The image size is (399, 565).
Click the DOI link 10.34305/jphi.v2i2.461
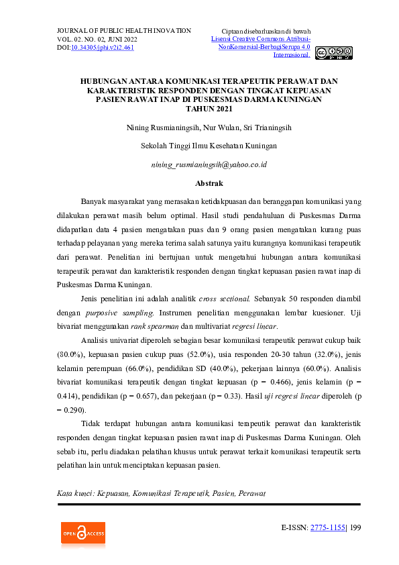tap(103, 48)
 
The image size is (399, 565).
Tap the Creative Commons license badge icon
tap(333, 52)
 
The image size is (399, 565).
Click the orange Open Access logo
tap(83, 534)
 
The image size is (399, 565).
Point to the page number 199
tap(355, 527)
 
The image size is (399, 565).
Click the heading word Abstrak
tap(209, 183)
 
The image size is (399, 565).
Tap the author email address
tap(209, 164)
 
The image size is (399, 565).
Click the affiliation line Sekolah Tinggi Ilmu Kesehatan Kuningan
tap(209, 146)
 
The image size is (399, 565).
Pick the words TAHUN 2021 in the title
tap(209, 109)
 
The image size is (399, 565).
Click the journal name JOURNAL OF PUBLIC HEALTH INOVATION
tap(124, 31)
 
